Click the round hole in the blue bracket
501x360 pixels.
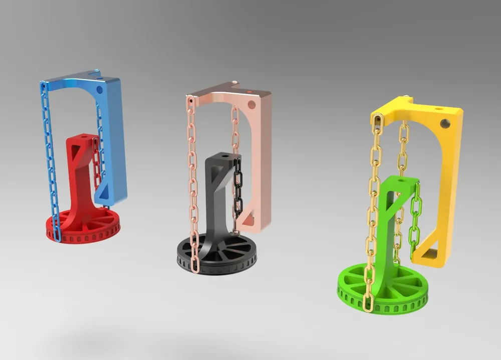tap(99, 89)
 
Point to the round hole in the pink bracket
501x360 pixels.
tap(251, 104)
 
